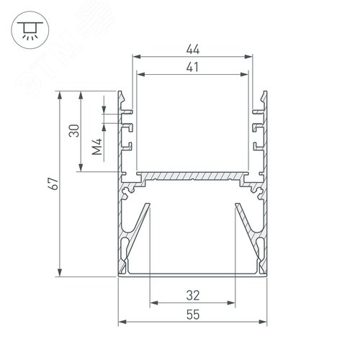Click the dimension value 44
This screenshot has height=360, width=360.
click(193, 50)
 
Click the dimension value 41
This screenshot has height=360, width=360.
click(192, 67)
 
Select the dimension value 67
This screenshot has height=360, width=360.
click(54, 184)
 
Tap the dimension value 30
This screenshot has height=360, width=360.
click(74, 130)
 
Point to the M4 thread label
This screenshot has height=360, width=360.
click(97, 147)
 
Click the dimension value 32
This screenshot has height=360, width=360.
click(193, 295)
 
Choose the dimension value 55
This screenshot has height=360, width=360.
click(193, 315)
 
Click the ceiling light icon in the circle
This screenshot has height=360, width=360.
click(30, 30)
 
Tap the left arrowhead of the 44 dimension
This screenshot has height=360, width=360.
click(136, 57)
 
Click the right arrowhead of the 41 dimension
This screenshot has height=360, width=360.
click(245, 74)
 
